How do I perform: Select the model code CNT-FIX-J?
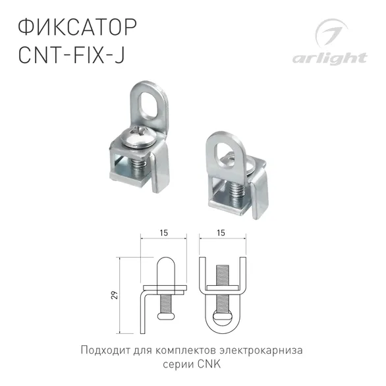pos(70,56)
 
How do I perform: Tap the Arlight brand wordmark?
pos(339,57)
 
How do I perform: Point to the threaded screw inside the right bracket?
pos(236,190)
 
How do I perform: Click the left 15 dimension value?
pos(163,232)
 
